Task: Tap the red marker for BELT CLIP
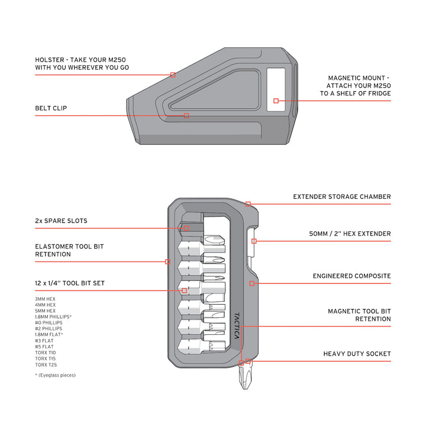point(186,115)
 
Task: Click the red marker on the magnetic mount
point(276,101)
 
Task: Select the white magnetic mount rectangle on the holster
point(276,89)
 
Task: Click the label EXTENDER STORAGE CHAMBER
point(342,196)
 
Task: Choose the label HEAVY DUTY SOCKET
point(357,354)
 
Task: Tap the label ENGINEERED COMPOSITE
point(351,276)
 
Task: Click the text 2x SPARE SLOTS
point(61,221)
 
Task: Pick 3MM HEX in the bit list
point(46,299)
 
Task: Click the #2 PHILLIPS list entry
point(49,328)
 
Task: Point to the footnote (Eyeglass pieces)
point(56,375)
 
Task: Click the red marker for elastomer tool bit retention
point(167,262)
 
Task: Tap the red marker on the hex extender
point(253,241)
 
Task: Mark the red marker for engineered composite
point(252,283)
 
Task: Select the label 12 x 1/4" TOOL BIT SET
point(70,283)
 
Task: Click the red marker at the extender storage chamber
point(248,204)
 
